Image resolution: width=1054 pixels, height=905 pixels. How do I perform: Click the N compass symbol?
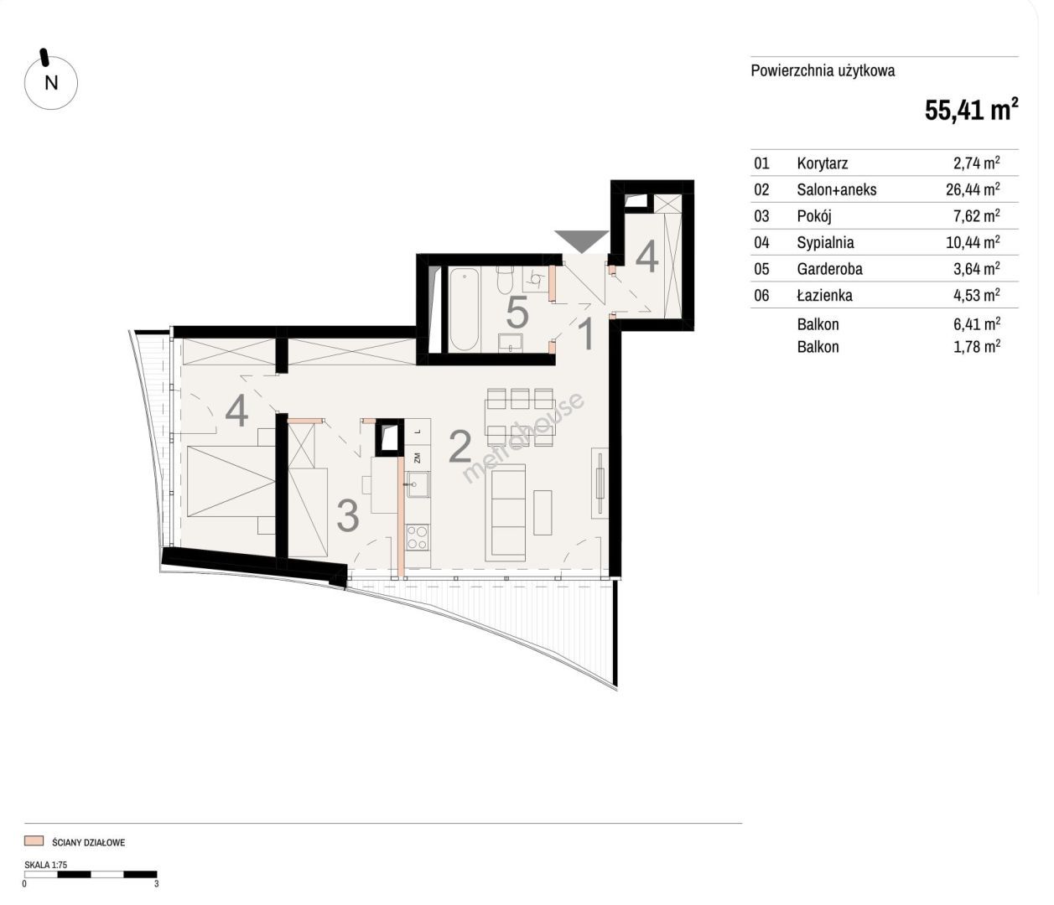[x=51, y=82]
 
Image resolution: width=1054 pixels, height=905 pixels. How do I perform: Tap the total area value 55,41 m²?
[x=971, y=110]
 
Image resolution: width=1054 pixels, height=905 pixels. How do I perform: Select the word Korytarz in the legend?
[x=823, y=163]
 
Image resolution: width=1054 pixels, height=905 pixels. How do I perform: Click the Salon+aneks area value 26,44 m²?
[x=973, y=189]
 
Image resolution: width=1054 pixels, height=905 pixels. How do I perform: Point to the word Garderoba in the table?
[x=829, y=268]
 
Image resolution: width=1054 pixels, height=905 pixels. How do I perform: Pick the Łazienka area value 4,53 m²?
[x=977, y=295]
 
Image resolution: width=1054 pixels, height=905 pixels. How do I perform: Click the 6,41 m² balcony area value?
[x=977, y=324]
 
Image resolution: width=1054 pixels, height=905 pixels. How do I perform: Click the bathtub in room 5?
[x=464, y=309]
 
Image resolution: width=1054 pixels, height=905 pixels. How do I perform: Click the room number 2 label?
[x=460, y=447]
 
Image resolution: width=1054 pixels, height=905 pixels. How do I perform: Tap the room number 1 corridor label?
[x=587, y=334]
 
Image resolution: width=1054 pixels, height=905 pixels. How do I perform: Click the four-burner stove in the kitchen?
[x=417, y=538]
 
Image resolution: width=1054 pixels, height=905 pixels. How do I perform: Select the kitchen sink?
[x=418, y=484]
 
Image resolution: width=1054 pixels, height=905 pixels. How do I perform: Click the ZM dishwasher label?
[x=418, y=457]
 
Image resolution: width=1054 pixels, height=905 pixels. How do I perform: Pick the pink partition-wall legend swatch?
[x=34, y=840]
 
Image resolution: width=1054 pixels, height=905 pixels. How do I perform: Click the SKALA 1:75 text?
[x=46, y=864]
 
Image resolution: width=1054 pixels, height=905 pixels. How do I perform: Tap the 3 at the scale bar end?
[x=157, y=883]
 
